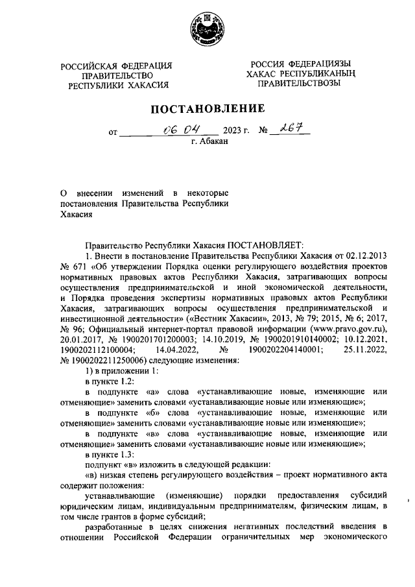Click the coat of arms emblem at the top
[207, 29]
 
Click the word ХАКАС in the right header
[273, 75]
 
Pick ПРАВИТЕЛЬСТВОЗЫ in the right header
[298, 84]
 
